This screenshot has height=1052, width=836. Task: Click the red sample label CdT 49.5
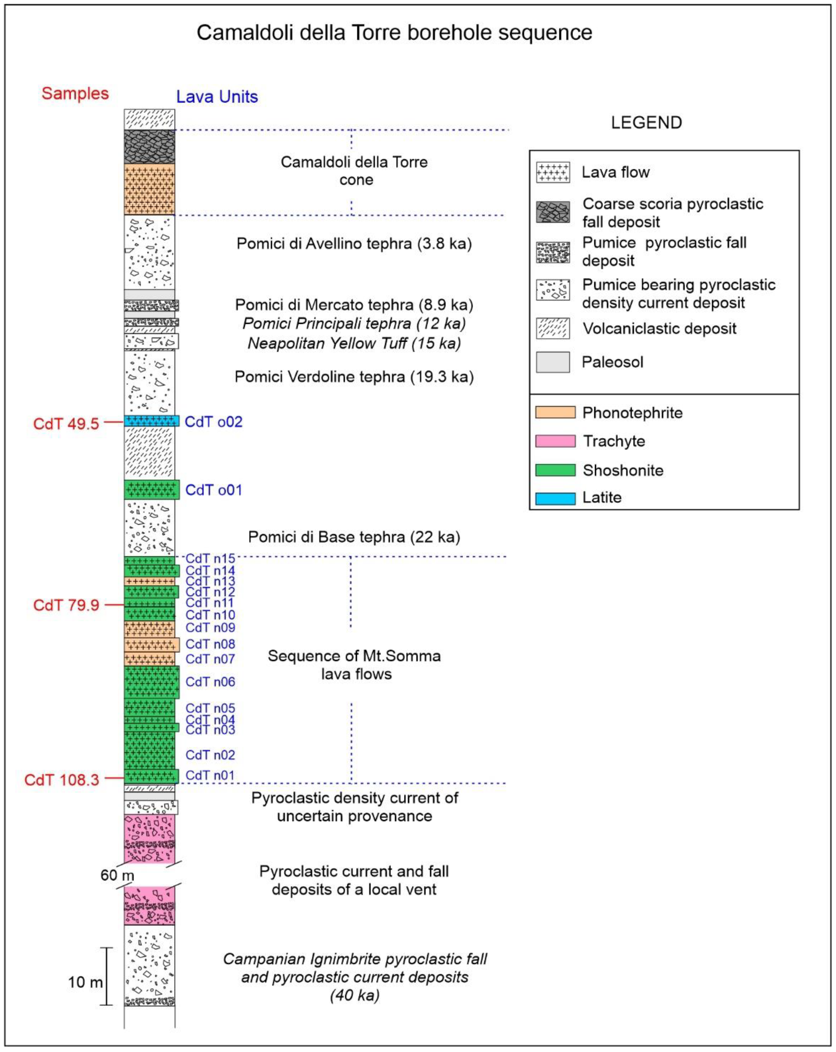pos(66,424)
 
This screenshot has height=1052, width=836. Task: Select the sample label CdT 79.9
pos(66,605)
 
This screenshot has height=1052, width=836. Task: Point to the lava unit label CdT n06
pos(210,682)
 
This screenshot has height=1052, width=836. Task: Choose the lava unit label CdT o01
pos(214,490)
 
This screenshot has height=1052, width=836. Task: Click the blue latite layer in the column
pos(151,420)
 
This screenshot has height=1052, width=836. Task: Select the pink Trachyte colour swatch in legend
pos(555,441)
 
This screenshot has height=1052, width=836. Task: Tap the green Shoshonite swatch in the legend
pos(555,470)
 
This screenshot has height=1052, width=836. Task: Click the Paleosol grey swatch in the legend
pos(553,362)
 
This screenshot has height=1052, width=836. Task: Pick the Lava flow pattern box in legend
pos(553,172)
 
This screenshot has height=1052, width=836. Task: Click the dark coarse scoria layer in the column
pos(149,146)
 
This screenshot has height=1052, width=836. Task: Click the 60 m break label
pos(117,875)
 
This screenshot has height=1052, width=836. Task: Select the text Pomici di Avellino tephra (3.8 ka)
pos(354,243)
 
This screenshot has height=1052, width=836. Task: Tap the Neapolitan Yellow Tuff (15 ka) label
pos(354,344)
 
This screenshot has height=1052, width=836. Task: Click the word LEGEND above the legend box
pos(646,123)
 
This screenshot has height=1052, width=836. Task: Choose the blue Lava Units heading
pos(217,97)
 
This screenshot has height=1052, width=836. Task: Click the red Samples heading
pos(75,93)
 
